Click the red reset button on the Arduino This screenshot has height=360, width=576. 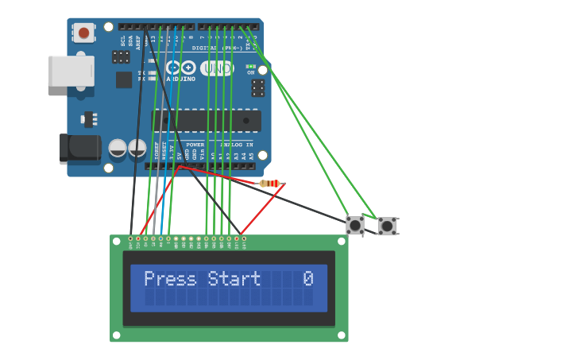83,33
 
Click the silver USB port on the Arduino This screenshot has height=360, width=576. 71,71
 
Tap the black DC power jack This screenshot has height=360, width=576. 79,148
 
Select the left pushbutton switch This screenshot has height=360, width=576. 355,226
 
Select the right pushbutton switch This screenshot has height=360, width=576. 387,226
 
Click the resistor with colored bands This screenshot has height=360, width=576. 269,184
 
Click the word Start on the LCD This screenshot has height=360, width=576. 234,279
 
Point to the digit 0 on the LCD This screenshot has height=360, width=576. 308,279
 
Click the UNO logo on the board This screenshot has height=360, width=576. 216,69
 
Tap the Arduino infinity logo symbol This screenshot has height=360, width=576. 180,68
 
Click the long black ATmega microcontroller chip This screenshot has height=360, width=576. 207,121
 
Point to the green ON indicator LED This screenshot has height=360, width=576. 251,67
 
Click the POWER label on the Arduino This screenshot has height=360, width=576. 195,145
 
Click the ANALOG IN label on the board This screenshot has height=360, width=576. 238,145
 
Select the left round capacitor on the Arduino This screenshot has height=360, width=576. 118,148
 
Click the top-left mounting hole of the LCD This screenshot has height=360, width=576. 117,242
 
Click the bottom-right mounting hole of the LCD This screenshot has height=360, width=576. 341,335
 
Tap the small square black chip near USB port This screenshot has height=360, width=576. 124,79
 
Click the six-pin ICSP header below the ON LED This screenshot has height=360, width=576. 258,87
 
